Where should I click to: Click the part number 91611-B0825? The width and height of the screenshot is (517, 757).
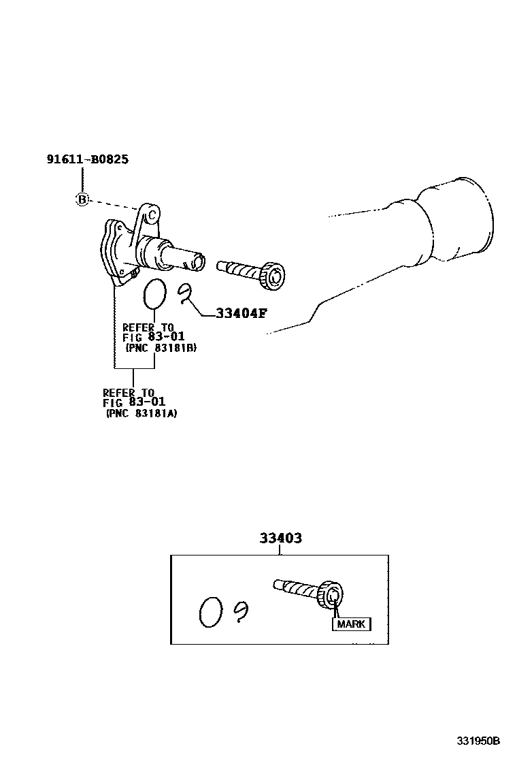88,159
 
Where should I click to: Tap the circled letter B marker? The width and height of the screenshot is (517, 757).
82,199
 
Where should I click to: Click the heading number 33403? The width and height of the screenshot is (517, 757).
280,538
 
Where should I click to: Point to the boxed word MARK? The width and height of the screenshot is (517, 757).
351,624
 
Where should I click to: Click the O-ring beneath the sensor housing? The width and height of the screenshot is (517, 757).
154,293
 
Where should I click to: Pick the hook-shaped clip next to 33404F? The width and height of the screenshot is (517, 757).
185,293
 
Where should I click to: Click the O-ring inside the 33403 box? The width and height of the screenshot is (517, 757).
210,612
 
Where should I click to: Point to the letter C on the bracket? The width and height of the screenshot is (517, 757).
152,215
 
